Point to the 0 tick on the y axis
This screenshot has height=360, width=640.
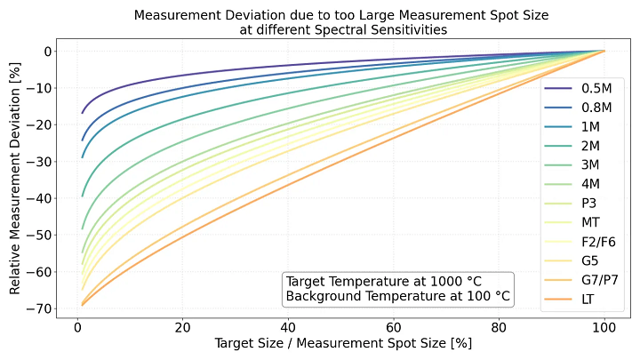pos(48,51)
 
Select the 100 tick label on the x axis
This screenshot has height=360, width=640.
pos(604,325)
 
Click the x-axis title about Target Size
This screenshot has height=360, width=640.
pos(342,342)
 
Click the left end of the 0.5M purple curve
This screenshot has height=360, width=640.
pos(83,113)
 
